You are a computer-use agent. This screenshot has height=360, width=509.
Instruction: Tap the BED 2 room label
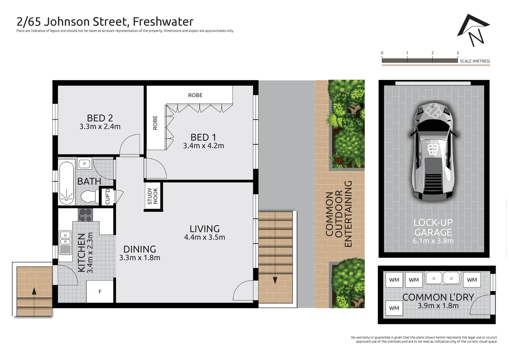pyautogui.click(x=100, y=118)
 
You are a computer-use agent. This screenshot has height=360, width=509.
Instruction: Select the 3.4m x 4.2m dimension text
pyautogui.click(x=203, y=146)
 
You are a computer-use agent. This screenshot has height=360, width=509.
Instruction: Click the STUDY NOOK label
pyautogui.click(x=153, y=196)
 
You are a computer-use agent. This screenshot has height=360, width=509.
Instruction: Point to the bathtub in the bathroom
pyautogui.click(x=66, y=183)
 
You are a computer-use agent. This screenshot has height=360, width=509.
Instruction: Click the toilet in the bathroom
pyautogui.click(x=89, y=197)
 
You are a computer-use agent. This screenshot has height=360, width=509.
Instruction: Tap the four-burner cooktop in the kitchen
pyautogui.click(x=85, y=215)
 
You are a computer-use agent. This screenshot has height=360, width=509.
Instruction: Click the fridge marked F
pyautogui.click(x=100, y=292)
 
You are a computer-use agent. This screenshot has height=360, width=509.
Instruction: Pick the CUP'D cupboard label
pyautogui.click(x=107, y=196)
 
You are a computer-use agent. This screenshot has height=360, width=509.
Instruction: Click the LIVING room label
pyautogui.click(x=205, y=229)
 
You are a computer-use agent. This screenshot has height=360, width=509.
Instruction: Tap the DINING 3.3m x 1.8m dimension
pyautogui.click(x=140, y=258)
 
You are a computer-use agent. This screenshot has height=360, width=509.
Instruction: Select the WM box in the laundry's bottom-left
pyautogui.click(x=394, y=308)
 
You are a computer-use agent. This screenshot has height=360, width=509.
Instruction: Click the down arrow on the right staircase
pyautogui.click(x=275, y=280)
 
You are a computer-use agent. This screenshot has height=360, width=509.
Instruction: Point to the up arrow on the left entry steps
pyautogui.click(x=34, y=291)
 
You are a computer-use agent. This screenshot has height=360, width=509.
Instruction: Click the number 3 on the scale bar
pyautogui.click(x=457, y=53)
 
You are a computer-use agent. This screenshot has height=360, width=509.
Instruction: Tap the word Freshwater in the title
pyautogui.click(x=163, y=22)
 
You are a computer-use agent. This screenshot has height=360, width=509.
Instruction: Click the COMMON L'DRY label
pyautogui.click(x=438, y=297)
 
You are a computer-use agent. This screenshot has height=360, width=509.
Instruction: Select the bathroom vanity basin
pyautogui.click(x=85, y=164)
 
